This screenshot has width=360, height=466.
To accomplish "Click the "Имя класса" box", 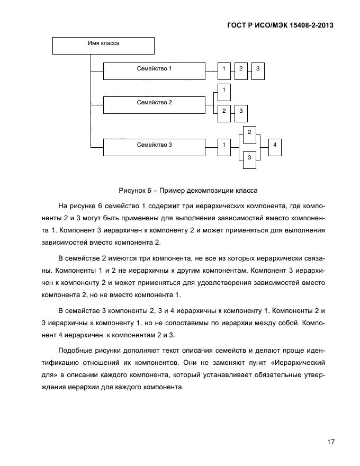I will point(103,44).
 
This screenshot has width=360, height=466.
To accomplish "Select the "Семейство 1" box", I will point(154,71).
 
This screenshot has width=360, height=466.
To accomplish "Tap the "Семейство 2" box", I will point(154,104).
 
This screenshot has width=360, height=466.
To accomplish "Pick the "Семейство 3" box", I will point(154,147).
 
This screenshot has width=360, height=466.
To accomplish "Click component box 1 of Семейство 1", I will point(224,71).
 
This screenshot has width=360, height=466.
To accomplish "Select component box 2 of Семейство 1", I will point(241,71).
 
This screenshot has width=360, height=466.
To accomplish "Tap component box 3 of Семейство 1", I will point(258,71).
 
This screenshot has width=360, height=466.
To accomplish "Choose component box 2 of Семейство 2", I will point(224,112).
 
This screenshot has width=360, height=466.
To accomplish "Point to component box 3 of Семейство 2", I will point(241,112).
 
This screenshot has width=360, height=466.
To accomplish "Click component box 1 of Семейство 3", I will point(224,147).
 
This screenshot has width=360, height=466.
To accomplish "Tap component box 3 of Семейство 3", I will point(249,159).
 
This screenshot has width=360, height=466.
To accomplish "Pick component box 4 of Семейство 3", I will point(275,147).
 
